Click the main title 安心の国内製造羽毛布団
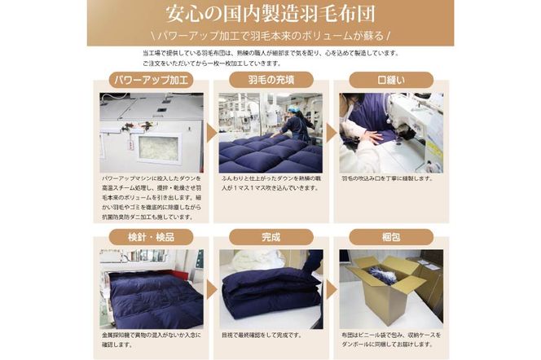(x=270, y=15)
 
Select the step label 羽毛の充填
(x=270, y=80)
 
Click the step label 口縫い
(x=389, y=80)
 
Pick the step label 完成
(x=270, y=237)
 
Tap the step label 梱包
(x=389, y=237)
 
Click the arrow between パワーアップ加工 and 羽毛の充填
(x=210, y=132)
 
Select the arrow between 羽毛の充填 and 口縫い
(x=331, y=132)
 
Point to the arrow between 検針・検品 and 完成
(x=210, y=289)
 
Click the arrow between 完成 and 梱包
(x=331, y=289)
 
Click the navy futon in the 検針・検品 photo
(x=155, y=297)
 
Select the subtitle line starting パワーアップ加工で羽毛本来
(x=270, y=36)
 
